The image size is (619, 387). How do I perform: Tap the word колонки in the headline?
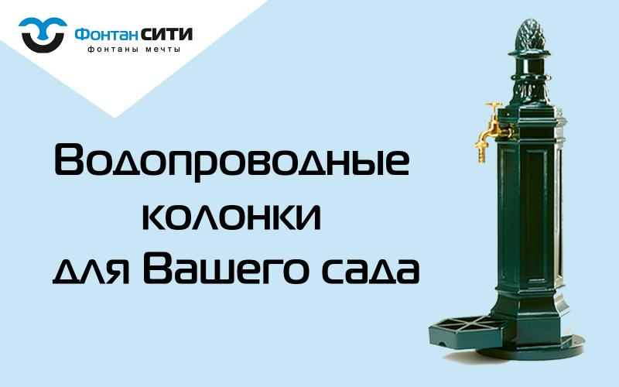(232, 216)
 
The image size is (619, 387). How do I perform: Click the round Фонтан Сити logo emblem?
(42, 34)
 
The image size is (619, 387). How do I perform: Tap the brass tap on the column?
(489, 128)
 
